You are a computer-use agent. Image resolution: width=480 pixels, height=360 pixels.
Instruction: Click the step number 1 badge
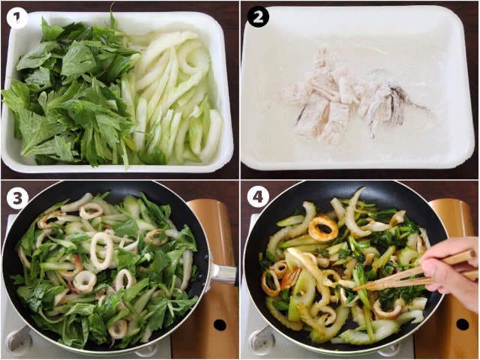tap(16, 17)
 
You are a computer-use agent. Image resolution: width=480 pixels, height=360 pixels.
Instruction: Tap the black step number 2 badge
tap(258, 16)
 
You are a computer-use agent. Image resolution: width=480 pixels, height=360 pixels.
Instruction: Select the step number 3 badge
tap(17, 197)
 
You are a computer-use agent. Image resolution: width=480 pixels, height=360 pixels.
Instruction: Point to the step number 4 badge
tap(258, 197)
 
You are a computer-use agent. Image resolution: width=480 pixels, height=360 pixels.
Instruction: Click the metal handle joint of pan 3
tap(223, 273)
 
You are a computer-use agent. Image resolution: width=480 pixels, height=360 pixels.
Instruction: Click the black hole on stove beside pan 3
tap(220, 325)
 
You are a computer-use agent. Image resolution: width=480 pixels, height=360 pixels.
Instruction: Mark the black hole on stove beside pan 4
tap(462, 325)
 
